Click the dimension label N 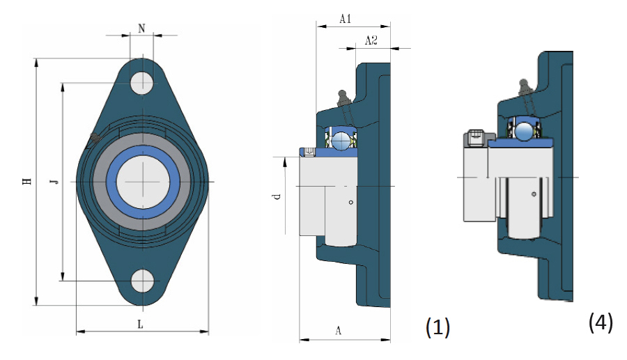142,29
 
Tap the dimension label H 27,182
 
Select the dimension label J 54,182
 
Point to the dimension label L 141,324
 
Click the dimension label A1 345,19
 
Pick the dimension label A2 371,41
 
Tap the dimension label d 277,197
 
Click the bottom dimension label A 339,331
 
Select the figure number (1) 438,327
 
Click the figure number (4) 601,322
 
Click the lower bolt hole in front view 143,280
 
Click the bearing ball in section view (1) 341,141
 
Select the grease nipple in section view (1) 342,95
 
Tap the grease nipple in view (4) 524,86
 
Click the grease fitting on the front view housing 93,139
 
